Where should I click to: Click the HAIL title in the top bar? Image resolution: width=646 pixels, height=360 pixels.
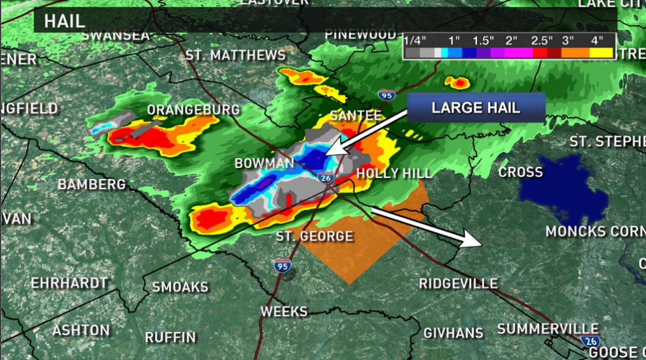point(64,20)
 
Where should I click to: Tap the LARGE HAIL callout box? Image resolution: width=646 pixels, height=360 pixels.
point(476,107)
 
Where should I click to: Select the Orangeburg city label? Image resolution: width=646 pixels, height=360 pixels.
point(193,110)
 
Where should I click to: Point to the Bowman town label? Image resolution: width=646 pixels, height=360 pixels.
point(264,163)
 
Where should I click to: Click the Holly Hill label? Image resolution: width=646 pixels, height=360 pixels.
point(394,173)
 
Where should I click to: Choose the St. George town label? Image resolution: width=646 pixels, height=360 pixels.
point(314,237)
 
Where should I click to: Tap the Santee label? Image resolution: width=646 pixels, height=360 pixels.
point(355,116)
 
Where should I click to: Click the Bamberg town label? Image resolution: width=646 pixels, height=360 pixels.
point(92,184)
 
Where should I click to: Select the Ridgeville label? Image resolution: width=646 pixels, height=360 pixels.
point(458,283)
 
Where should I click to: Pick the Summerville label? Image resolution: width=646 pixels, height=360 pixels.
point(538,328)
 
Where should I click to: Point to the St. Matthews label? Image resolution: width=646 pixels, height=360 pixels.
point(235,55)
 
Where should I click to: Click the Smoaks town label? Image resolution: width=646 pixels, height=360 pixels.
point(180,287)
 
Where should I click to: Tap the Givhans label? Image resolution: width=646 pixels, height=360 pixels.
point(453,332)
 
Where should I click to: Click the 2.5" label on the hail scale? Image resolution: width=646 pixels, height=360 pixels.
point(542,41)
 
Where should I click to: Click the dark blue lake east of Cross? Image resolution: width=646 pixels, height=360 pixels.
point(563,186)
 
